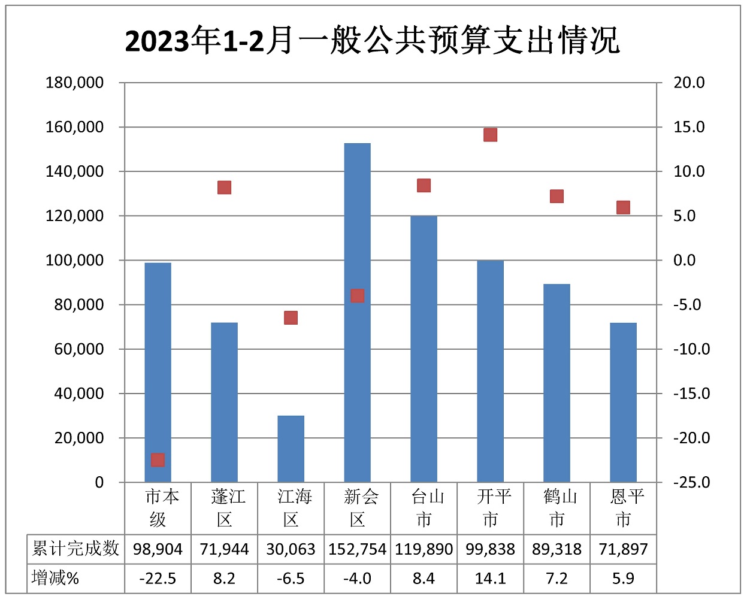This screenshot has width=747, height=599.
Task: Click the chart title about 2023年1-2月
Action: (x=372, y=41)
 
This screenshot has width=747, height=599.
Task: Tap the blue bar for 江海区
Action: (x=291, y=449)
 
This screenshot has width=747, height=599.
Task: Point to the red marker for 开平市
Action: (x=490, y=135)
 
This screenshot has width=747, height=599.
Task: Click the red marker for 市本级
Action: (x=158, y=460)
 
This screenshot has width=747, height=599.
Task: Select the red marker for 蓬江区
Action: (x=224, y=187)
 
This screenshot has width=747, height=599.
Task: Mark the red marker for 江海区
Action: (x=291, y=317)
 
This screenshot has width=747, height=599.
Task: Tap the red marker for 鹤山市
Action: (x=557, y=196)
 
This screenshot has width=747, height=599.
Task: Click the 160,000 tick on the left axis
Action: (x=75, y=127)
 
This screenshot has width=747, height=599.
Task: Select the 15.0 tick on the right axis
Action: (x=689, y=127)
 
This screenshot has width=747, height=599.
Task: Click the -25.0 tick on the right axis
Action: (x=691, y=482)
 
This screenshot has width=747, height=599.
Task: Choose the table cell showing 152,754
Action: (x=357, y=549)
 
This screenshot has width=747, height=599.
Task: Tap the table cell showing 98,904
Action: (x=158, y=549)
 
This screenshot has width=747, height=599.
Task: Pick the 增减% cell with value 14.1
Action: (x=490, y=579)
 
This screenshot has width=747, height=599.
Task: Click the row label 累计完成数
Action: (x=75, y=549)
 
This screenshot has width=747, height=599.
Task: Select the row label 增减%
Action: (x=56, y=579)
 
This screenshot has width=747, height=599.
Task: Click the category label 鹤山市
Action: (x=557, y=507)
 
